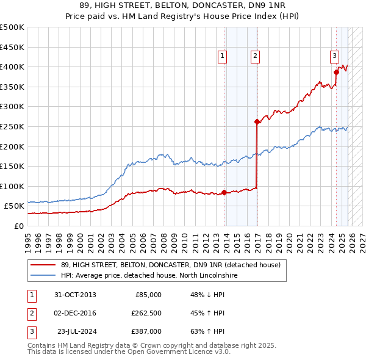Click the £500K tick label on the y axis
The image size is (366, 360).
coord(12,27)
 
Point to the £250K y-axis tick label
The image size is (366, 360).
coord(12,126)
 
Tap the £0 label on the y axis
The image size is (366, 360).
coord(18,226)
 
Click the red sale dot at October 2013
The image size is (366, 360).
coord(224,192)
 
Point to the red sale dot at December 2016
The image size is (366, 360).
coord(257,121)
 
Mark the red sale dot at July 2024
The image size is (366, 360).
coord(336,72)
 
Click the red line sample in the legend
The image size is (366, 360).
coord(43,265)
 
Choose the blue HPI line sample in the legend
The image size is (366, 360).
coord(43,276)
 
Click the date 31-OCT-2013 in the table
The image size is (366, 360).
coord(75,295)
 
